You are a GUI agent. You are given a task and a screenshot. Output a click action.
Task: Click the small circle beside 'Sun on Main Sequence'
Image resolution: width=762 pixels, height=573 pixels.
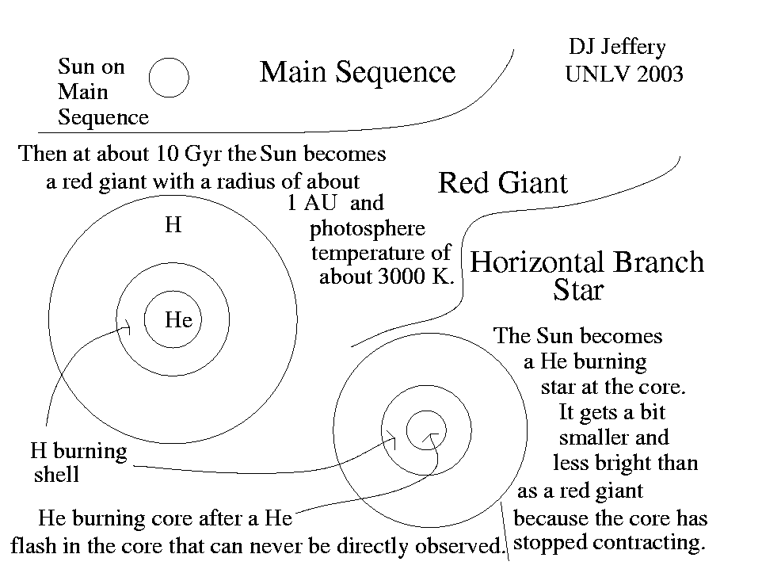click(169, 77)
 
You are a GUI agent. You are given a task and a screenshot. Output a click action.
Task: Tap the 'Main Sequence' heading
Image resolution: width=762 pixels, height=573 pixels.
click(357, 72)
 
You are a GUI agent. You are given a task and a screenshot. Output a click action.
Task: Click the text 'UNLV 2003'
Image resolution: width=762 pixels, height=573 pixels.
click(623, 75)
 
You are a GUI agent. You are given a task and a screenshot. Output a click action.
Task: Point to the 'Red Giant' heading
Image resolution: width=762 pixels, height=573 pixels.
click(502, 184)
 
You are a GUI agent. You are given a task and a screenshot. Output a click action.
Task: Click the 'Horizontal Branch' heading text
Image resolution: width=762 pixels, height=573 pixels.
click(586, 262)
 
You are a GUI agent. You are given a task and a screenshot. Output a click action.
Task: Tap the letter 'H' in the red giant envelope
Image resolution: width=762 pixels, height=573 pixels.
click(173, 225)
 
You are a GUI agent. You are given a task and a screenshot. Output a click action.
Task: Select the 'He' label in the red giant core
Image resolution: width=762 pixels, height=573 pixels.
click(178, 320)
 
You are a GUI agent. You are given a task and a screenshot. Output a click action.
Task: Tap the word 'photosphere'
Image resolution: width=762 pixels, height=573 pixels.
click(367, 229)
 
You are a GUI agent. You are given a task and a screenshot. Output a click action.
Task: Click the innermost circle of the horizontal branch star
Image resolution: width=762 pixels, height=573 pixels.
click(426, 430)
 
